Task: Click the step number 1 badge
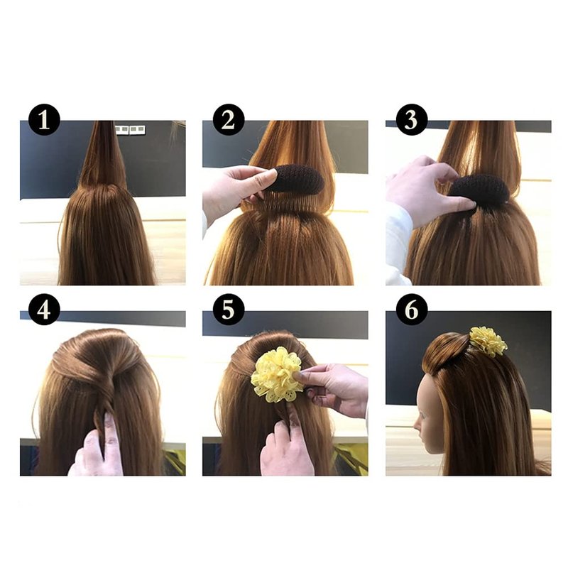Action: (x=44, y=119)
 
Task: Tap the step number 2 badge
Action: (x=228, y=119)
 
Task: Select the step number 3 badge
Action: (x=412, y=119)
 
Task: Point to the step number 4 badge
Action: (x=44, y=310)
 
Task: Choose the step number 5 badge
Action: (x=228, y=310)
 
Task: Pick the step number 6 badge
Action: (x=412, y=310)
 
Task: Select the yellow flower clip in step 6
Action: (x=488, y=341)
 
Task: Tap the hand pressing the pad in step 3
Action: (x=424, y=192)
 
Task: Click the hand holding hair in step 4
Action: (x=98, y=447)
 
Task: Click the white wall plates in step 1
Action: (x=130, y=129)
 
